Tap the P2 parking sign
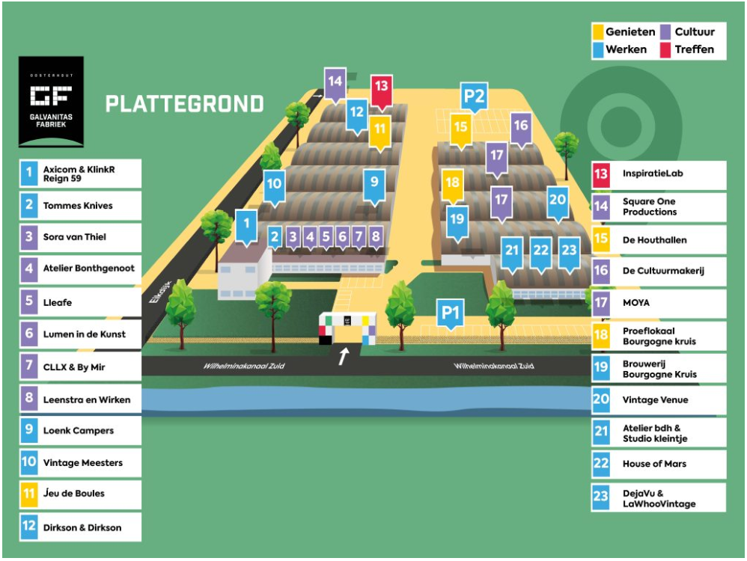point(474,96)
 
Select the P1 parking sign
point(450,313)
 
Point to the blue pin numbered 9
point(374,182)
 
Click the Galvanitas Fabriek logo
point(51,101)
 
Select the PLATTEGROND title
point(184,103)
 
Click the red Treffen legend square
point(665,50)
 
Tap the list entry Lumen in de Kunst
point(85,334)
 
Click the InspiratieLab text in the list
point(653,174)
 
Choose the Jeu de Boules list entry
point(74,494)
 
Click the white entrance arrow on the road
point(343,356)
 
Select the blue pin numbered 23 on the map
point(570,252)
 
